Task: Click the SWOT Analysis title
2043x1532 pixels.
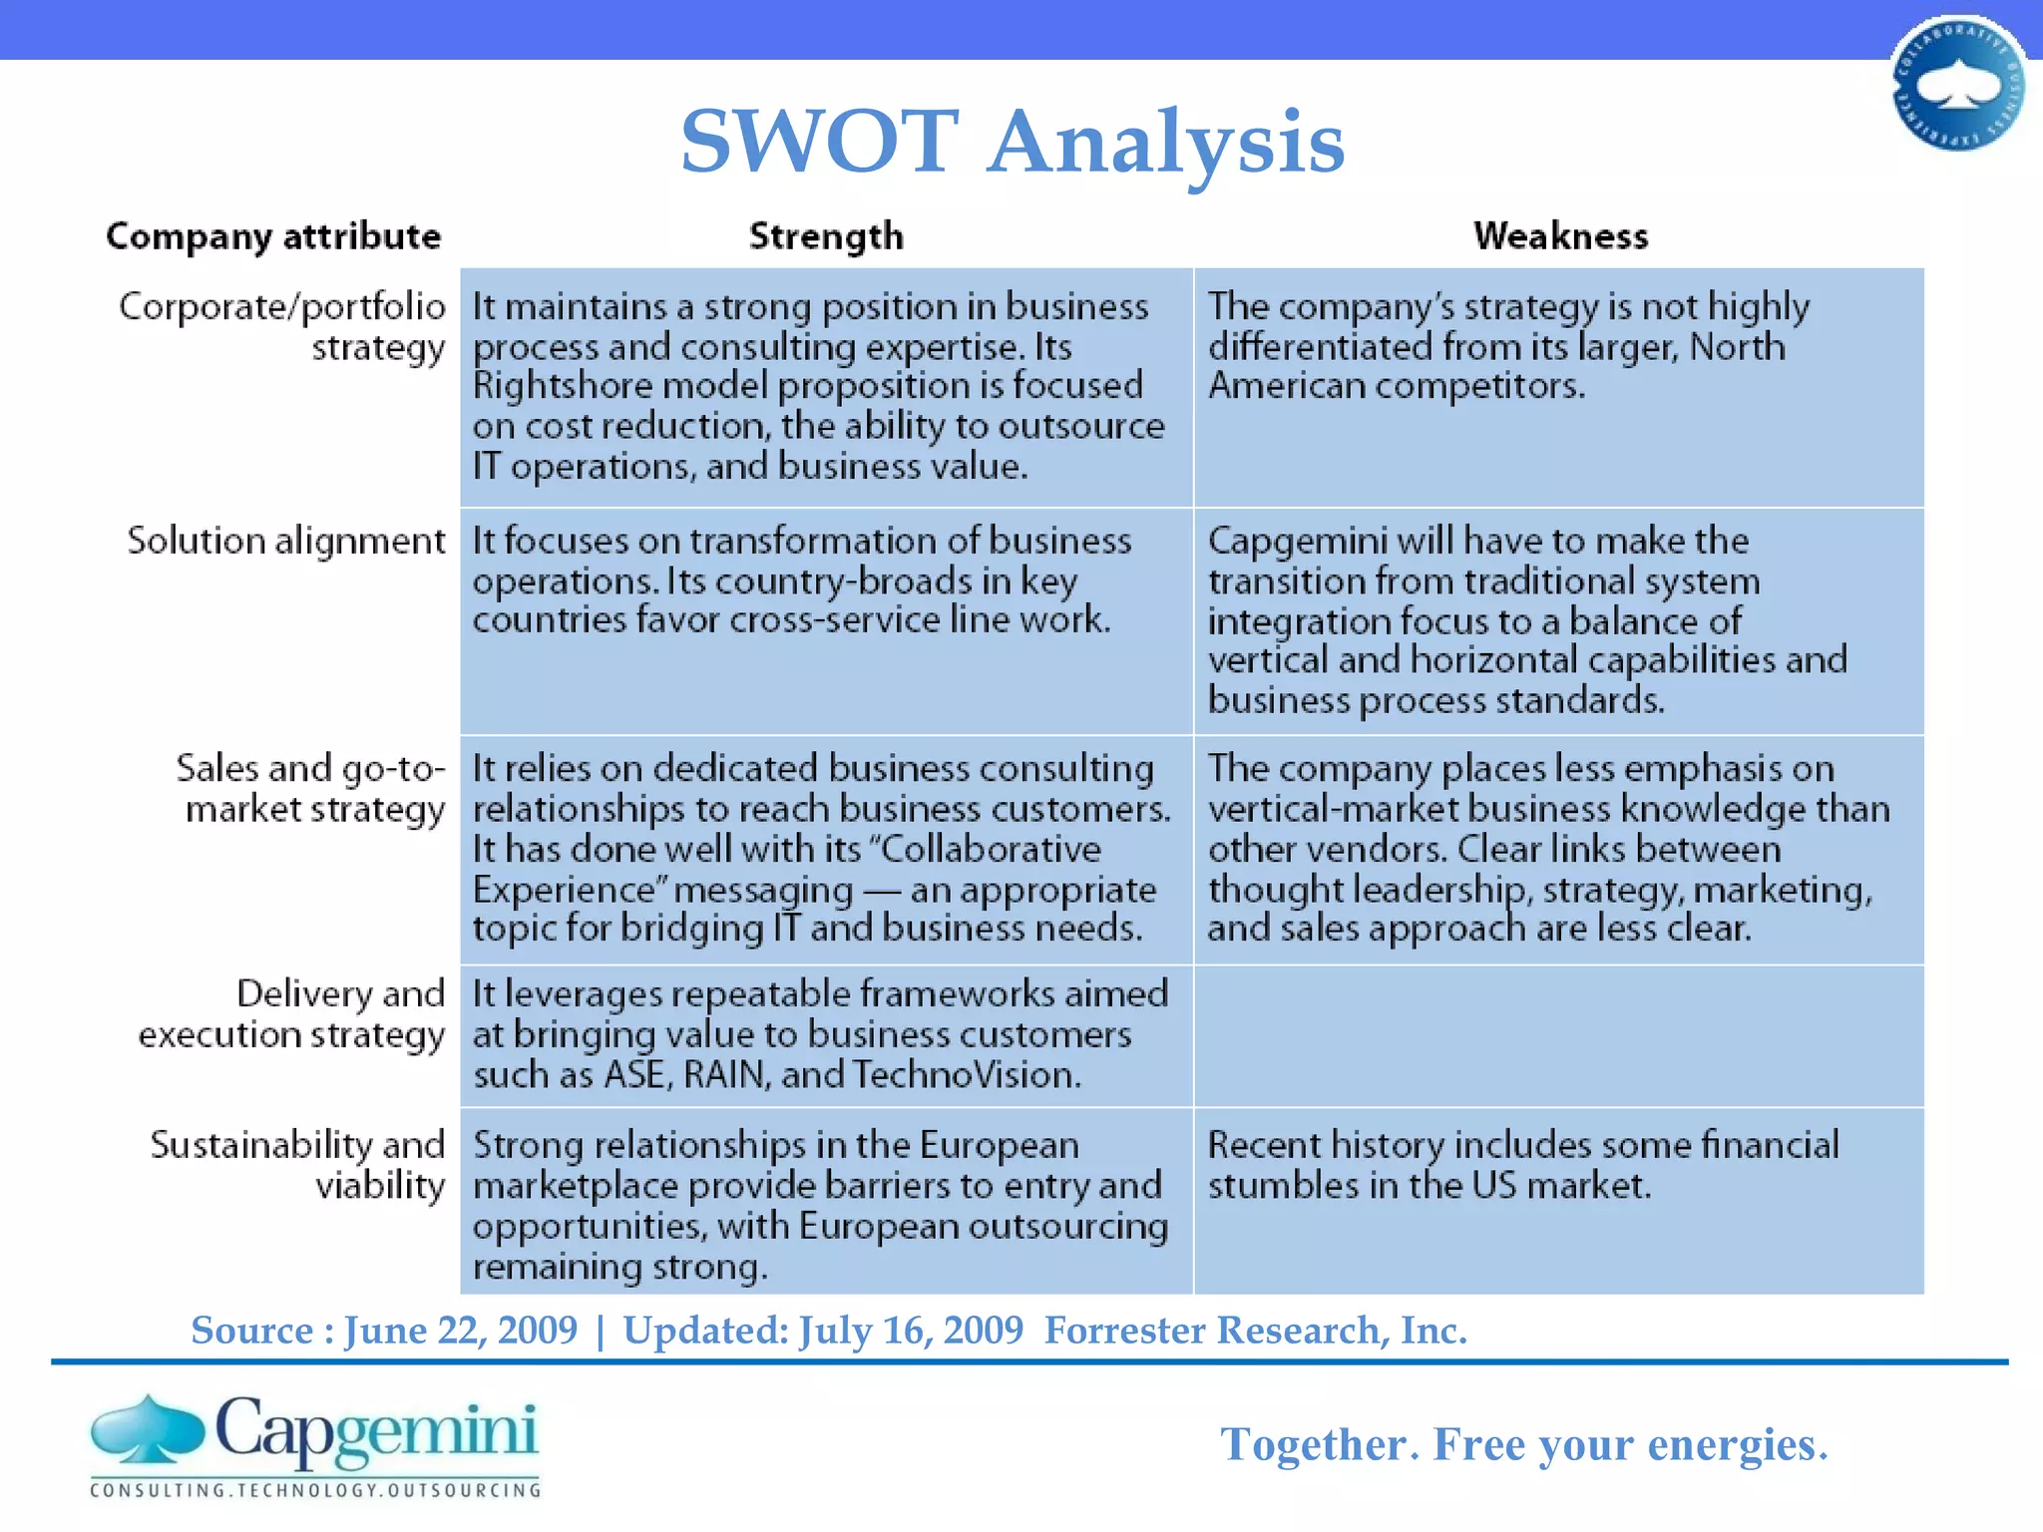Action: pos(1013,142)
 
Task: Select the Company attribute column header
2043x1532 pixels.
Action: pos(273,236)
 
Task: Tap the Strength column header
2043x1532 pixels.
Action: pos(826,236)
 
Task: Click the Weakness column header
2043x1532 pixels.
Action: pos(1560,236)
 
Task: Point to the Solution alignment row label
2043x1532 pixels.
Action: pos(285,541)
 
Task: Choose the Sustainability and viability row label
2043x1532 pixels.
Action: pos(297,1165)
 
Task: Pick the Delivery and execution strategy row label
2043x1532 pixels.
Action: pos(291,1014)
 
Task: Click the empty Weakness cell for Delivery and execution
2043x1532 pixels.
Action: pos(1559,1035)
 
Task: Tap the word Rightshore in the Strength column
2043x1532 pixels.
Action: pos(562,386)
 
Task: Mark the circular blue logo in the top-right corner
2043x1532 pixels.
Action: pos(1957,85)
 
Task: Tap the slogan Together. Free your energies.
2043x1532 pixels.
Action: pos(1523,1444)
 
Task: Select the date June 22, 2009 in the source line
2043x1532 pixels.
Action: pos(461,1331)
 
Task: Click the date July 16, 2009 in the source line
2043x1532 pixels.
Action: pos(911,1331)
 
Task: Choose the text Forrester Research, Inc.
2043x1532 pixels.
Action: pos(1255,1331)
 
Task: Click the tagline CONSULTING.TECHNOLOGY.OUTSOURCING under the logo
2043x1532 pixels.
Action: pos(315,1490)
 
